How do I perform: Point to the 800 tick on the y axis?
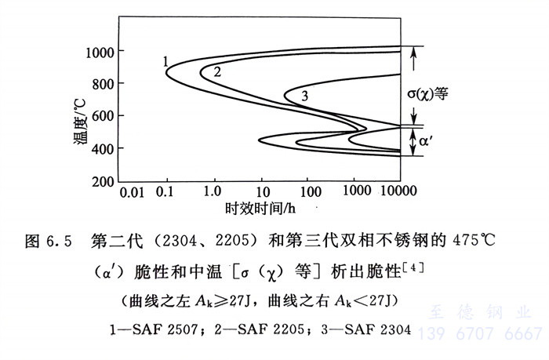point(100,84)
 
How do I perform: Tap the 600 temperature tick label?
point(100,116)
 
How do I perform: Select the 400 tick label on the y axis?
point(100,148)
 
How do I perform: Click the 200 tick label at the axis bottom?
point(100,180)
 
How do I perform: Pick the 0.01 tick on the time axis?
point(132,192)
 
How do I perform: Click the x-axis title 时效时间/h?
point(257,209)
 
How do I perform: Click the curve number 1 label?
point(166,60)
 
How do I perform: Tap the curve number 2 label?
point(217,71)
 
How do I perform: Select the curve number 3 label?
point(304,96)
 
